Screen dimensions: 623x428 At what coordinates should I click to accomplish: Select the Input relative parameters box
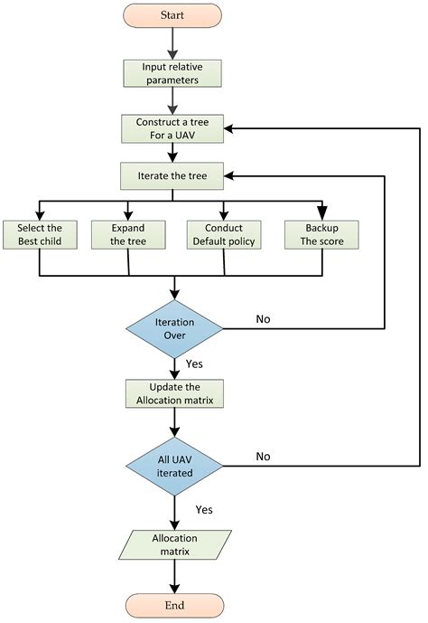[x=172, y=73]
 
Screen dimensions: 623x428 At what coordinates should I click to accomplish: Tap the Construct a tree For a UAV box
[x=172, y=128]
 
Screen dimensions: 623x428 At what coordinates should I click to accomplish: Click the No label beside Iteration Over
[x=263, y=318]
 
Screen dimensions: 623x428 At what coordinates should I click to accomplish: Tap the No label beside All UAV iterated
[x=263, y=457]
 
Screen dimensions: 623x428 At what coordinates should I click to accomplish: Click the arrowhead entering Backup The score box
[x=321, y=212]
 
